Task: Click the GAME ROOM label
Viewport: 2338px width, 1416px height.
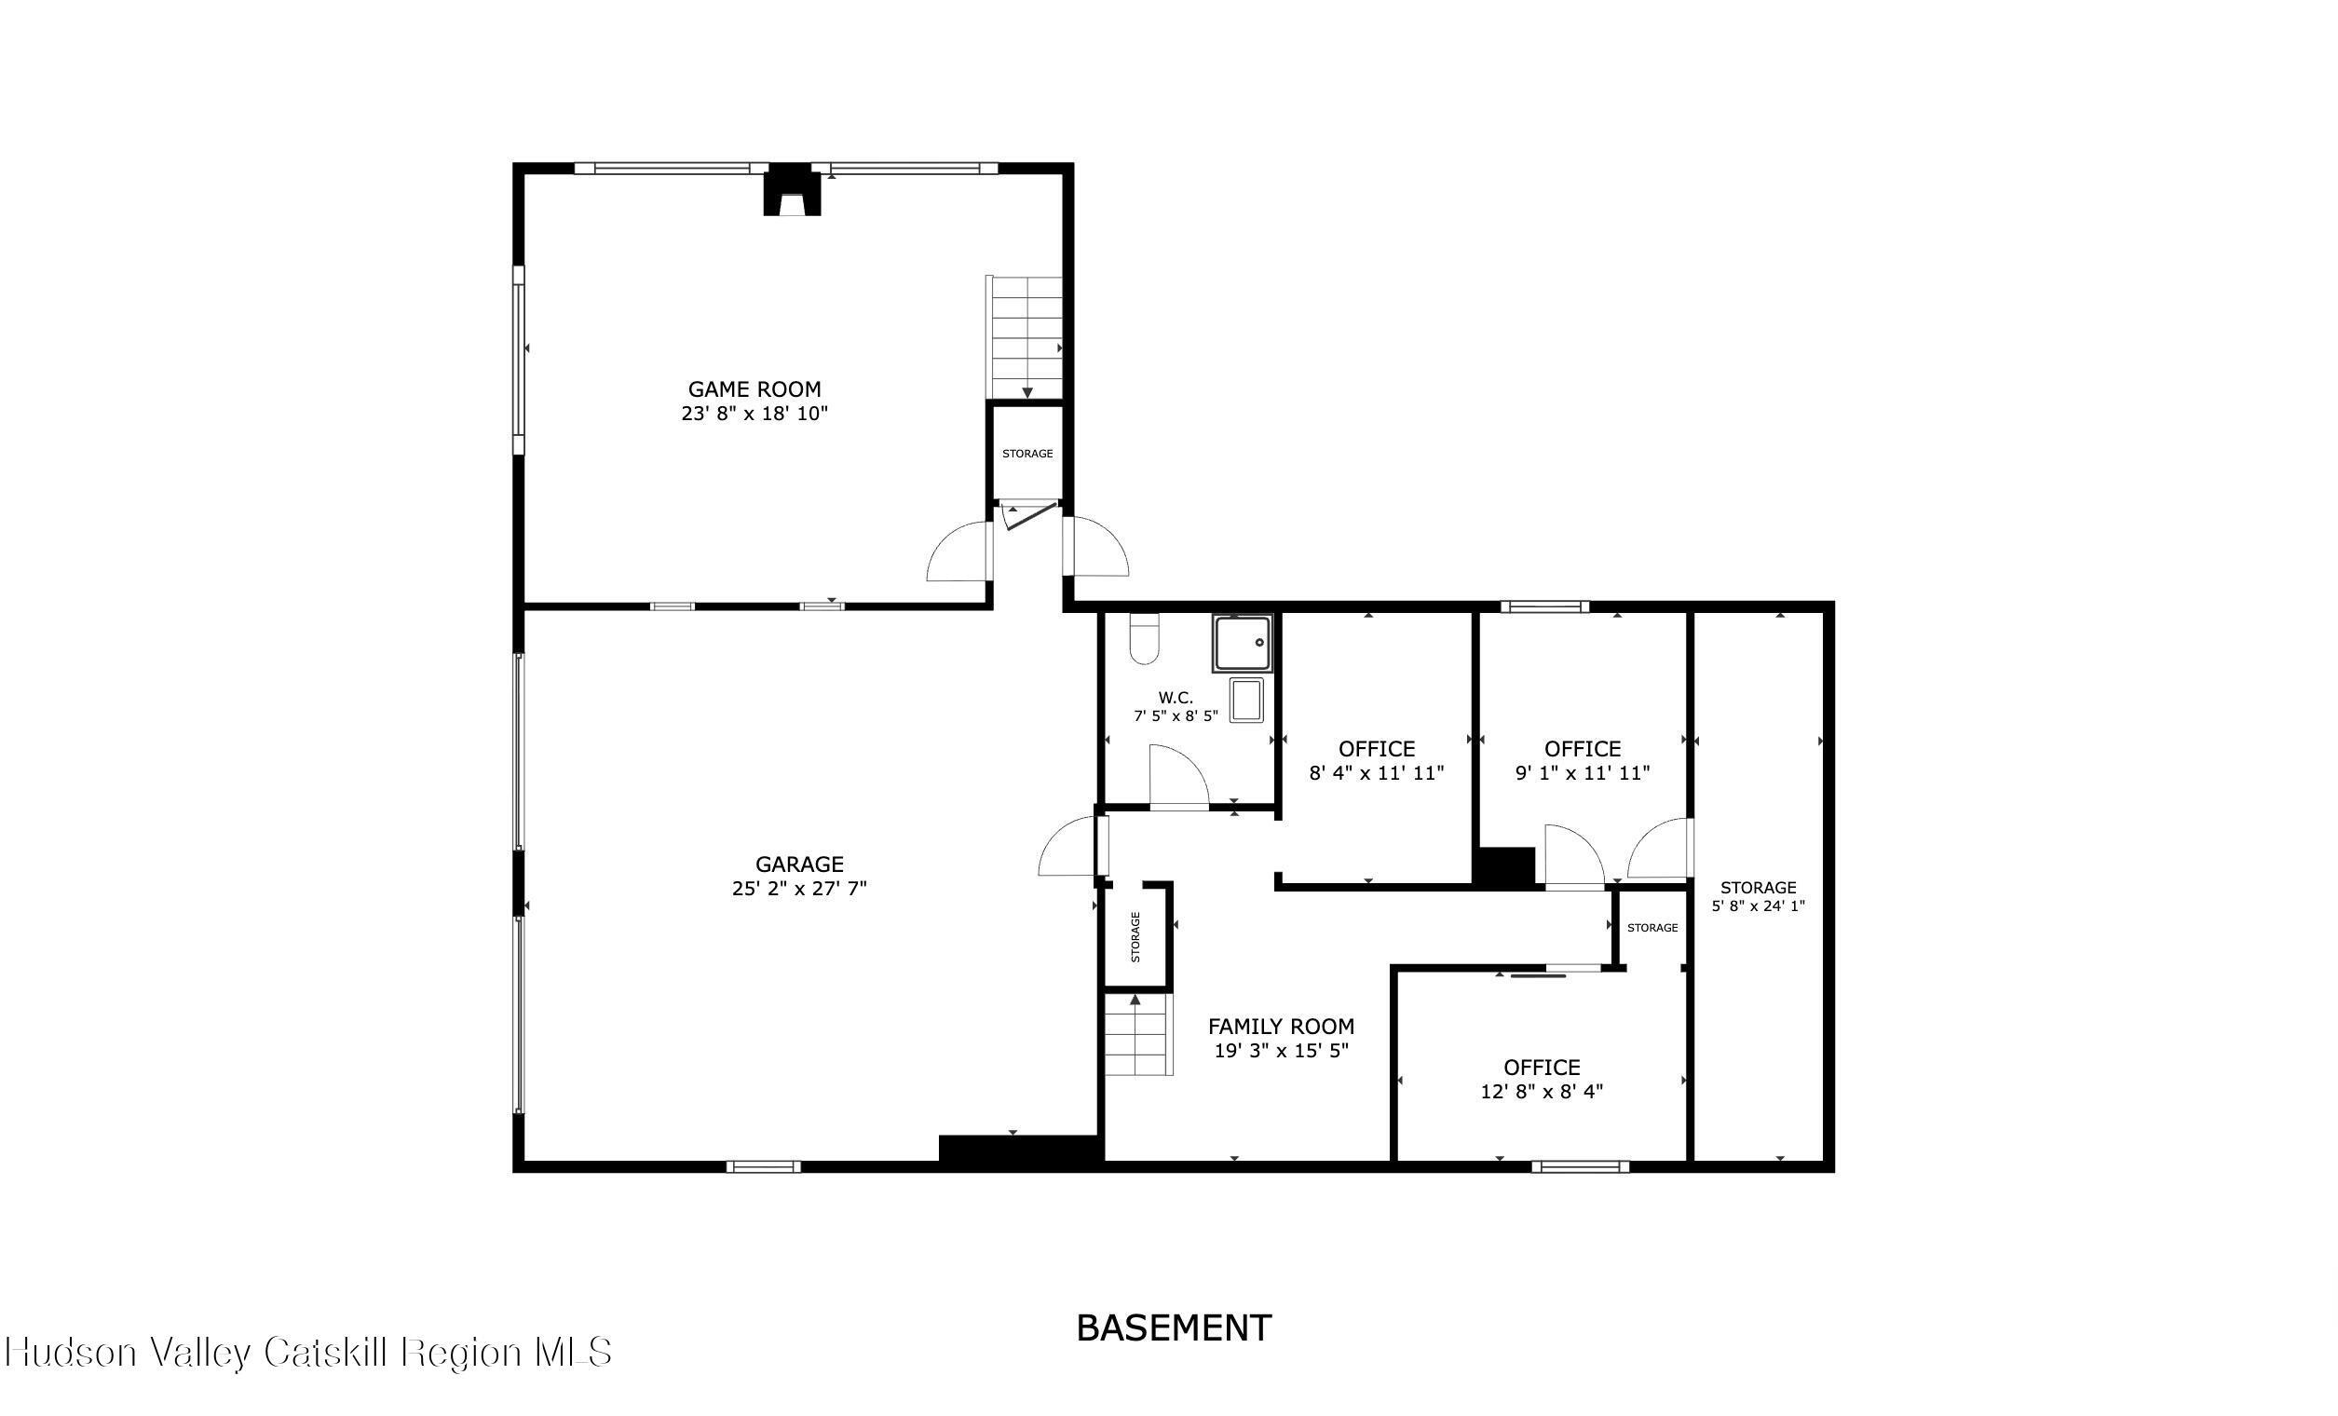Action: click(754, 389)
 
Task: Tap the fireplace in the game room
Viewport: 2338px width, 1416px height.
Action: click(792, 191)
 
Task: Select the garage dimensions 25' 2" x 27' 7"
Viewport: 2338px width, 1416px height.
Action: click(800, 890)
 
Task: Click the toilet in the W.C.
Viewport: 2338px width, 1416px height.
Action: click(1146, 639)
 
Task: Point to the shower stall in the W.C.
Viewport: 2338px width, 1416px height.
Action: click(1242, 644)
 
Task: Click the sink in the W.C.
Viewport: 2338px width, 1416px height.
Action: click(1246, 701)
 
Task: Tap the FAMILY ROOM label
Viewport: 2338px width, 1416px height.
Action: click(1281, 1027)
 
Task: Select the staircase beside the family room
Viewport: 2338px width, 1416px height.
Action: click(1138, 1034)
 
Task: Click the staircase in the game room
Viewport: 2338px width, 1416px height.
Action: click(1026, 337)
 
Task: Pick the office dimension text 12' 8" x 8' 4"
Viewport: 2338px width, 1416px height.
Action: click(1542, 1092)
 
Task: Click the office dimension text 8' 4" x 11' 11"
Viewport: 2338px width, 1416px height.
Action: click(1377, 773)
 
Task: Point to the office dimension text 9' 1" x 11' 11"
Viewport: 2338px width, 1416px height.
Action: click(1583, 773)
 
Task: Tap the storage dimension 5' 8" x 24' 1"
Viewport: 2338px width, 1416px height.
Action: click(1759, 906)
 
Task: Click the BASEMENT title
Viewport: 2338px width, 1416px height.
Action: click(1174, 1327)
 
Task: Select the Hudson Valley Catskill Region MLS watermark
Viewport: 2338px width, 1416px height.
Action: click(307, 1352)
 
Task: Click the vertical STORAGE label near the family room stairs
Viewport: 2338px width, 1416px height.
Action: click(1135, 937)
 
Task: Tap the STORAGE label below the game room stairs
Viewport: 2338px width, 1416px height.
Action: click(1027, 454)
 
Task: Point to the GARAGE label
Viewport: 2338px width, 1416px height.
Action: click(800, 865)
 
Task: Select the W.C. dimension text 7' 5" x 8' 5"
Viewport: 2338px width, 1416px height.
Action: click(1176, 716)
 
